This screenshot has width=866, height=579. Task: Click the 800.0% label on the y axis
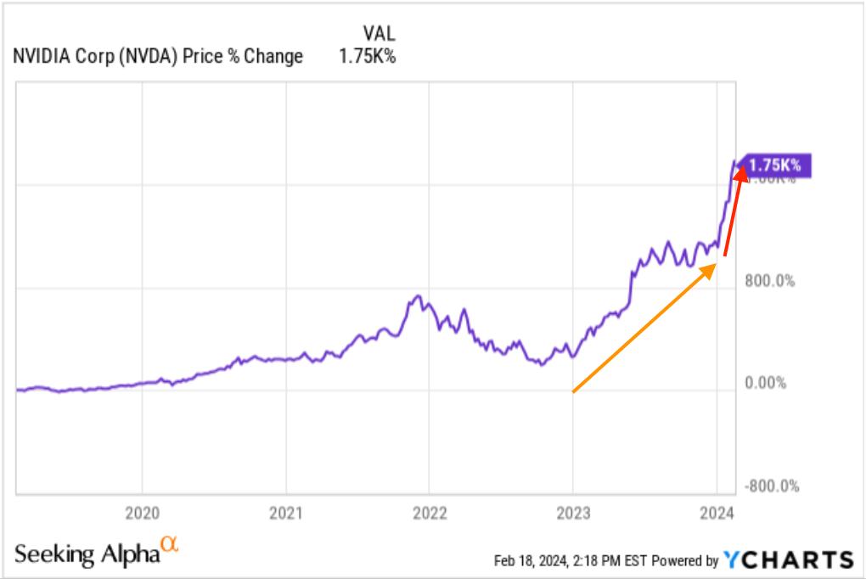click(x=771, y=281)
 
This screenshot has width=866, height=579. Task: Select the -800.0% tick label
click(x=773, y=486)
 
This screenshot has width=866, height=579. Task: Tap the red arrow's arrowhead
click(x=739, y=171)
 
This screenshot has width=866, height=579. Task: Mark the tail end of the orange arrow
click(x=574, y=391)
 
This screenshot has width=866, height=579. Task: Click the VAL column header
click(x=378, y=34)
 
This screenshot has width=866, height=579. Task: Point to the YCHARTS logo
click(x=789, y=559)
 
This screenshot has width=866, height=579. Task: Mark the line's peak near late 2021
click(x=417, y=296)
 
